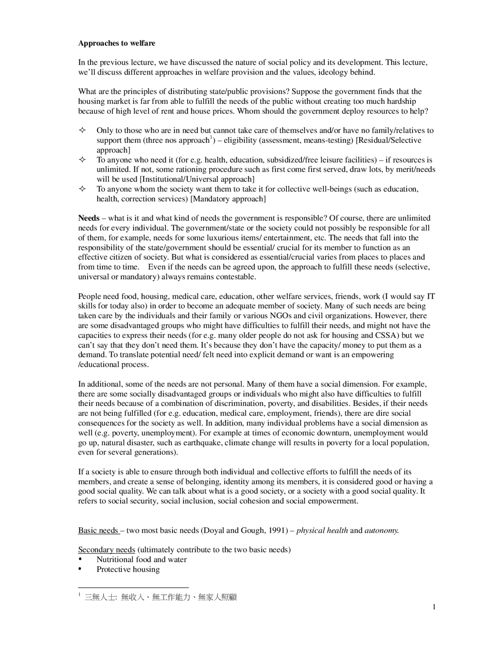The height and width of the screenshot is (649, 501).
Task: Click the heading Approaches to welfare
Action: [117, 43]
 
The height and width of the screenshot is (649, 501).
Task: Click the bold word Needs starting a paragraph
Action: [89, 218]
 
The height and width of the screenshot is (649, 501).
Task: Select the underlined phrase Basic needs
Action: [98, 531]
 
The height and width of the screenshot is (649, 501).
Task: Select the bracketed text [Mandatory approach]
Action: [228, 199]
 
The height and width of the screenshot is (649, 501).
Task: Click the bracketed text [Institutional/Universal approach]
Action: [197, 179]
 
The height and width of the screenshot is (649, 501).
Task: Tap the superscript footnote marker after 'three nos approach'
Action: [211, 138]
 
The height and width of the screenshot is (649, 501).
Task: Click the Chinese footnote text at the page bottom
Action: [160, 598]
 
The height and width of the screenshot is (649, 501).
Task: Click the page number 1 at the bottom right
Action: [434, 607]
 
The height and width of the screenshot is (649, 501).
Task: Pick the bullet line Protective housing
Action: [128, 569]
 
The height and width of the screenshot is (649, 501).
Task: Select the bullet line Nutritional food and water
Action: [141, 560]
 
